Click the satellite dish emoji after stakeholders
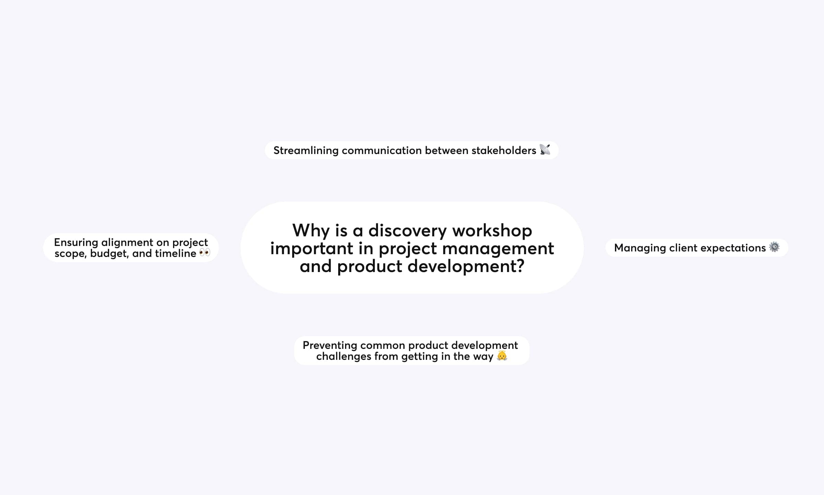(545, 150)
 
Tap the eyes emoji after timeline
(205, 253)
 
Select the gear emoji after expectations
(774, 247)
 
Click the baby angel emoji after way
(502, 356)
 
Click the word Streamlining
(306, 151)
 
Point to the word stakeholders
(504, 150)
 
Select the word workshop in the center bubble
(492, 231)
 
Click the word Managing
(640, 248)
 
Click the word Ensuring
(76, 243)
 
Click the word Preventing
(330, 345)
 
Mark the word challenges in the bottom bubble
(344, 356)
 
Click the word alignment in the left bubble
(127, 243)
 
